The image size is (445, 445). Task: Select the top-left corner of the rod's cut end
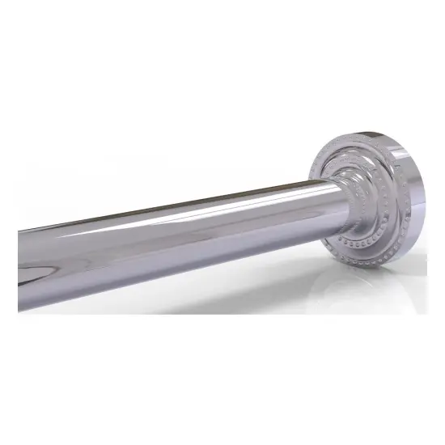[19, 231]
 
